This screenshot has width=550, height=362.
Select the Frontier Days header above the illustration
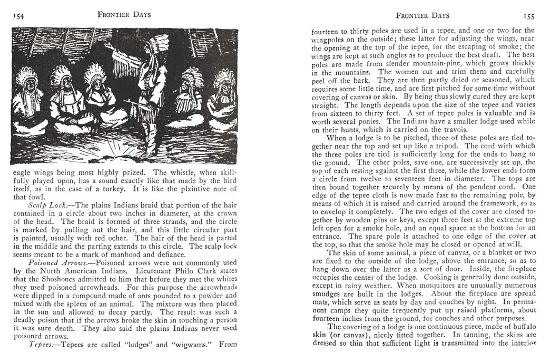[124, 14]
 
